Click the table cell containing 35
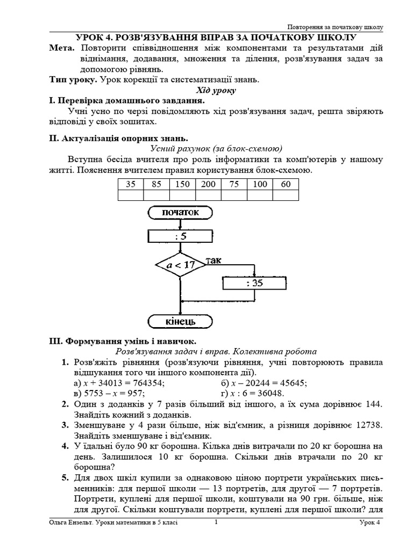click(x=131, y=184)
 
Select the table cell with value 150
click(x=182, y=184)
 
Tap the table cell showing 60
click(x=286, y=184)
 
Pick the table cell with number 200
click(x=208, y=184)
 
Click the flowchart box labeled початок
click(x=180, y=212)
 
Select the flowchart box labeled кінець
click(x=180, y=321)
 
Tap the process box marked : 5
click(x=180, y=236)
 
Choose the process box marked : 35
click(x=254, y=283)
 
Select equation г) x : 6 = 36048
click(x=257, y=393)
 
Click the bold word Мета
click(x=60, y=48)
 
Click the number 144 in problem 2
click(x=373, y=404)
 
